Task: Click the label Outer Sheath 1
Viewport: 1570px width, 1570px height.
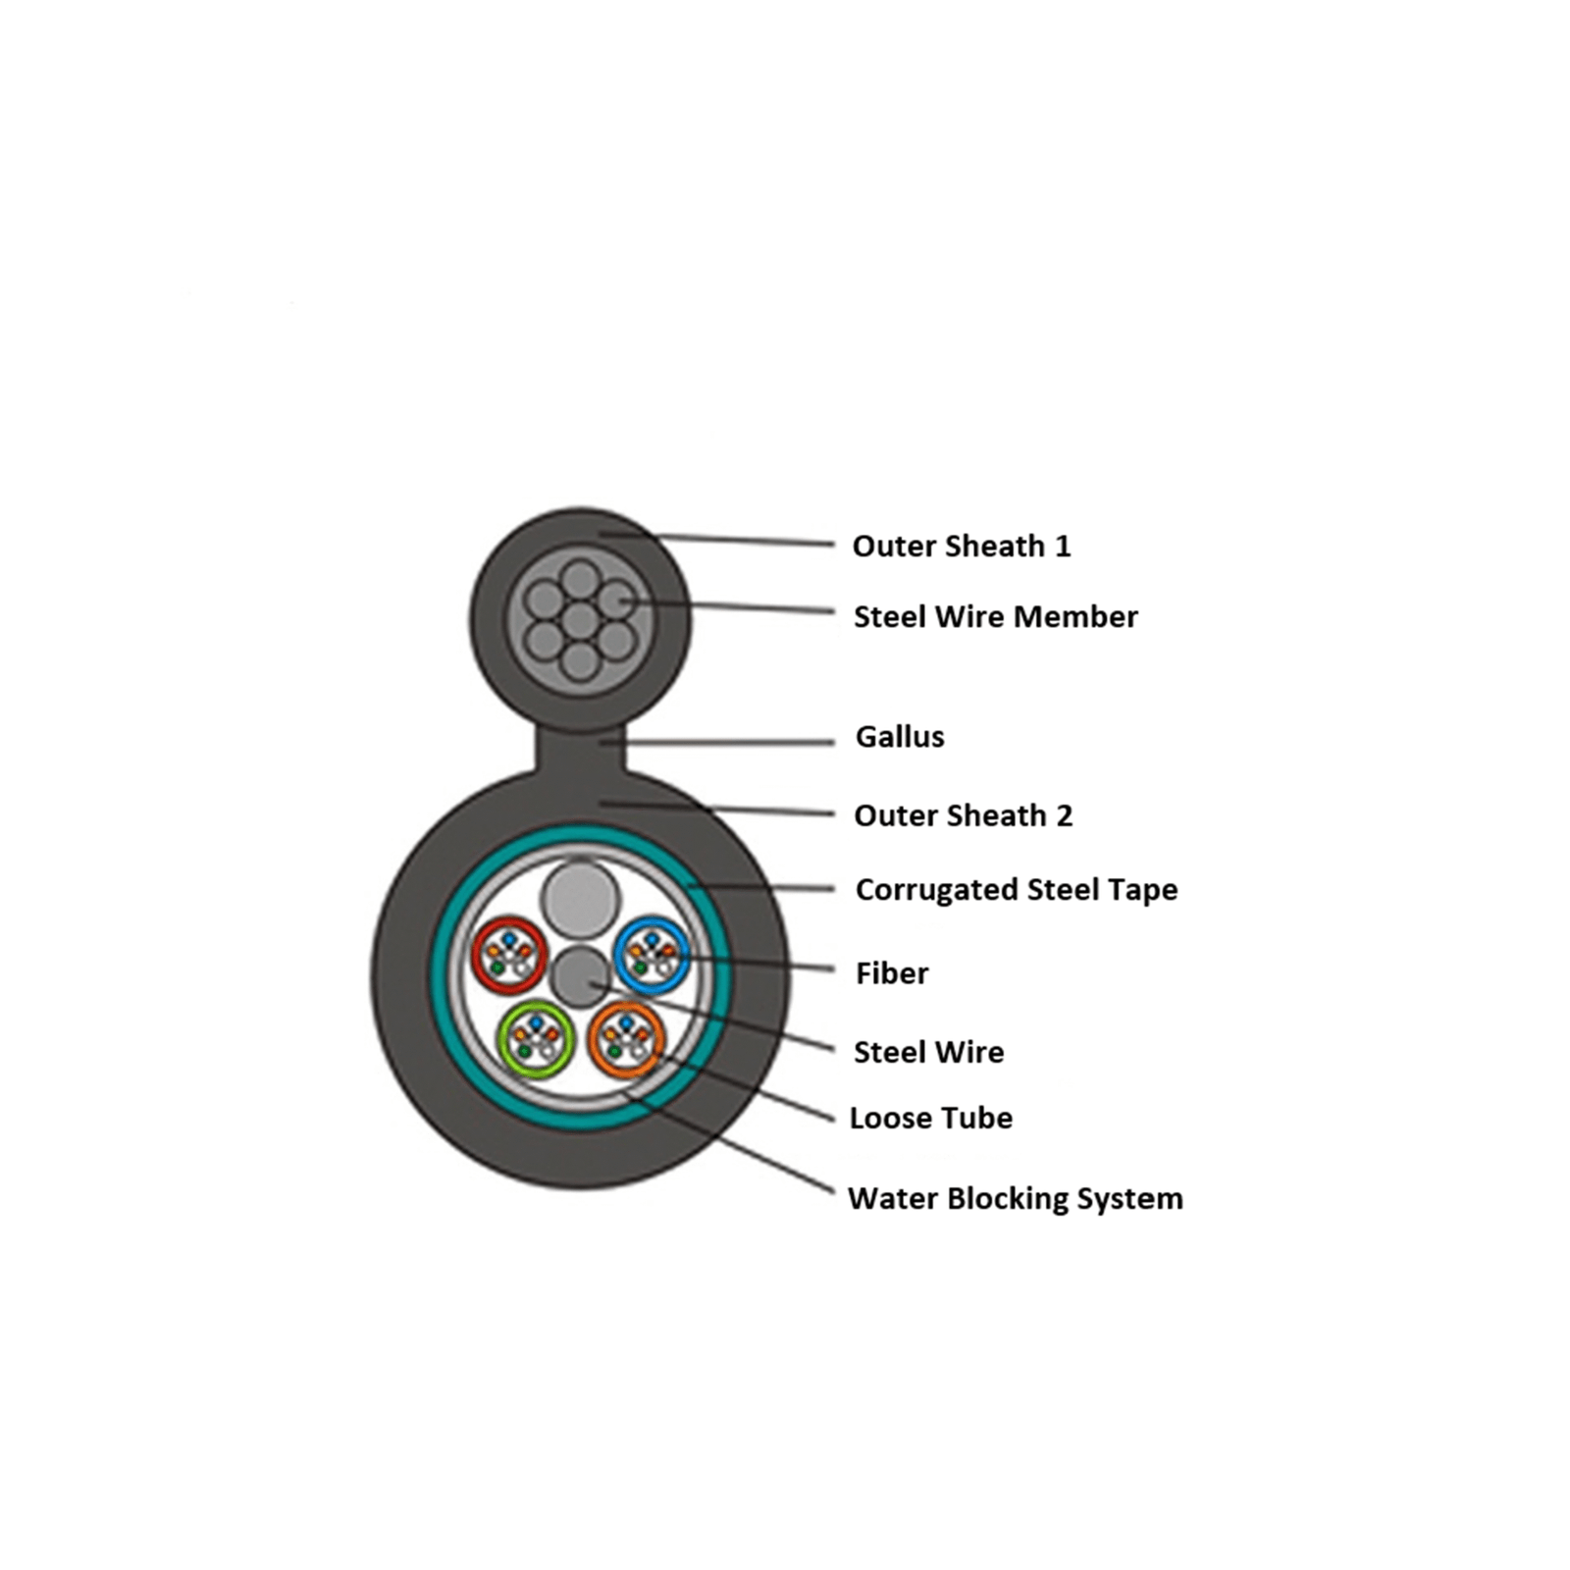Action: coord(962,546)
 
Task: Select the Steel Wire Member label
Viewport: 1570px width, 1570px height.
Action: coord(996,616)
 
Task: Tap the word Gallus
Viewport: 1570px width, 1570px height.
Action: coord(900,736)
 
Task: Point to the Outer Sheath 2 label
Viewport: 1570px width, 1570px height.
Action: coord(964,815)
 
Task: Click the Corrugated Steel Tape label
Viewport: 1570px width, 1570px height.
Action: coord(1017,890)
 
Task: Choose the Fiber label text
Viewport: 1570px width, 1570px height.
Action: coord(892,973)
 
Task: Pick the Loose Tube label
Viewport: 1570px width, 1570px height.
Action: coord(931,1118)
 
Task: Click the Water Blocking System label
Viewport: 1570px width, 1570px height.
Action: coord(1016,1199)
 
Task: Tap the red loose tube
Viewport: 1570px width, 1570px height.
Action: coord(508,955)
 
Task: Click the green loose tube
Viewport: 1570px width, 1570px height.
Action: coord(536,1038)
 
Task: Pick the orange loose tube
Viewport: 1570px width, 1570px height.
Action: coord(626,1039)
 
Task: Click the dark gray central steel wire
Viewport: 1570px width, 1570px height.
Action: coord(581,976)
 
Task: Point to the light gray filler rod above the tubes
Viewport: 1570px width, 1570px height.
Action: coord(580,898)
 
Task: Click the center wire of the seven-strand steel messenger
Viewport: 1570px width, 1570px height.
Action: coord(580,621)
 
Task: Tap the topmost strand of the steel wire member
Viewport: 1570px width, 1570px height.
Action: coord(581,579)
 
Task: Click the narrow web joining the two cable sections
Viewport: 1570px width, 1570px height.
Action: coord(581,750)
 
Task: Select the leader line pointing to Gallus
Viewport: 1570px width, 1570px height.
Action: coord(717,743)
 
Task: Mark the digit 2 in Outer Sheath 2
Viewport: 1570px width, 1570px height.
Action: coord(1065,815)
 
